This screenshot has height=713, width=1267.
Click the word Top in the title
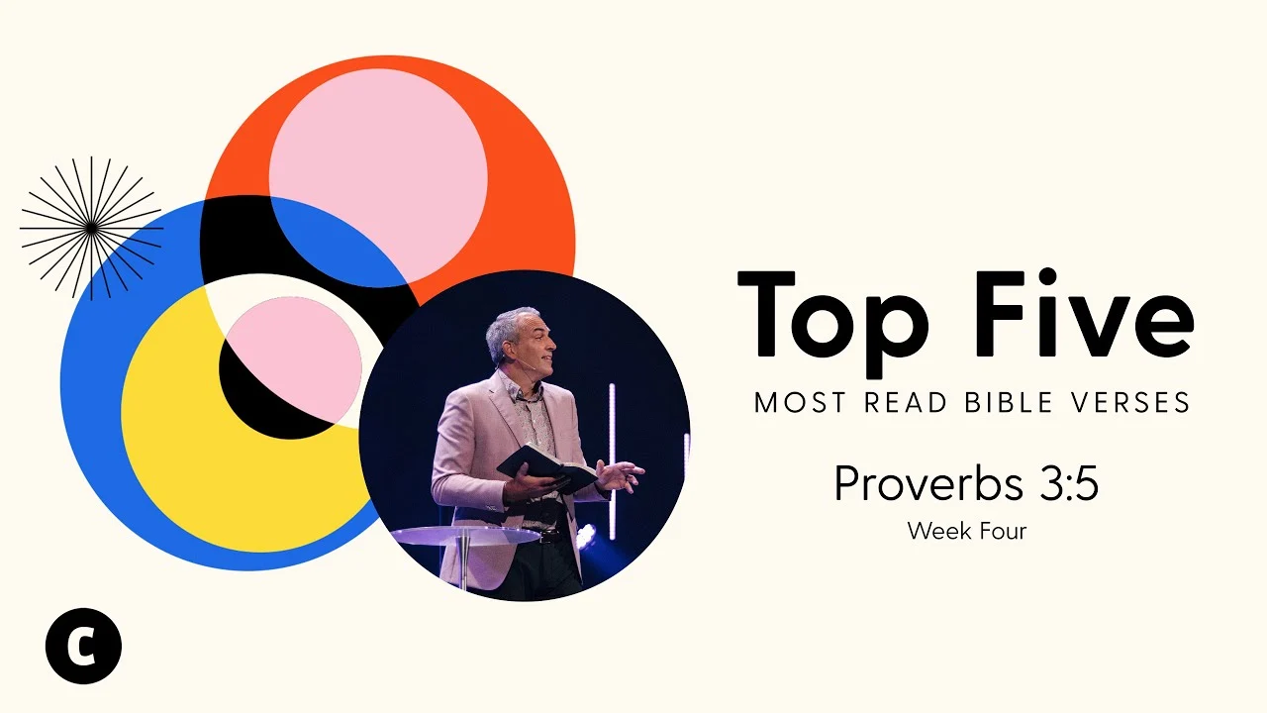tap(832, 322)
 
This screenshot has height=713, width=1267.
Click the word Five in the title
tap(1083, 312)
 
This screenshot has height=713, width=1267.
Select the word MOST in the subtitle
tap(801, 402)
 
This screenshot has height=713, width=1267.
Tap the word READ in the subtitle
tap(906, 402)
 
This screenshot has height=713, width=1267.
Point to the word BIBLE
tap(1009, 402)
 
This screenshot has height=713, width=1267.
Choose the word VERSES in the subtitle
tap(1130, 402)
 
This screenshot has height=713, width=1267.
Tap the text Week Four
tap(967, 532)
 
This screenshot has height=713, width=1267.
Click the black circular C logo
tap(83, 646)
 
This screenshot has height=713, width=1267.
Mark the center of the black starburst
tap(91, 228)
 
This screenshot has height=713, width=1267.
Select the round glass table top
tap(465, 536)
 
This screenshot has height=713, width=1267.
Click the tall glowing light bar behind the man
tap(612, 461)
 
